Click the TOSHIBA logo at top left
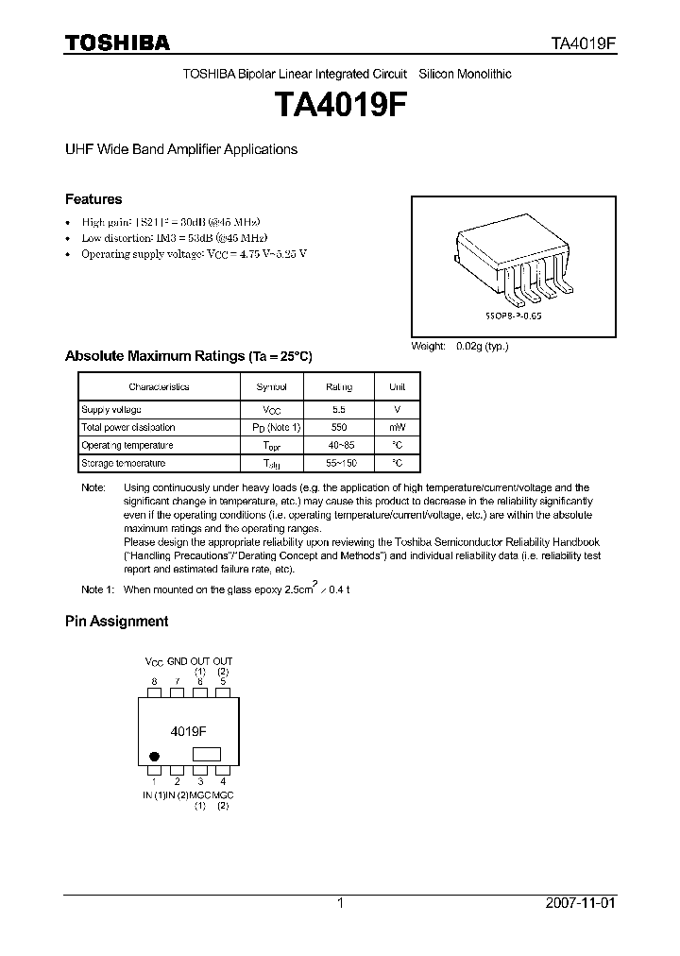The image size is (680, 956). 117,43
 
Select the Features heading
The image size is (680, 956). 93,199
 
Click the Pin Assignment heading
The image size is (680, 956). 116,621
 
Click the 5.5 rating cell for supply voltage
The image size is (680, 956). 338,409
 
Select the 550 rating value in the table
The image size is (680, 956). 338,427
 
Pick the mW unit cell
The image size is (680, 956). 398,427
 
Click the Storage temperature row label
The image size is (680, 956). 123,463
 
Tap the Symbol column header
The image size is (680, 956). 272,386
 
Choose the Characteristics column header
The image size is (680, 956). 159,386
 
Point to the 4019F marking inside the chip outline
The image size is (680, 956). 189,731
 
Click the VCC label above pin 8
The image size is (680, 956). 154,661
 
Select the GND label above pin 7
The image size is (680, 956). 178,661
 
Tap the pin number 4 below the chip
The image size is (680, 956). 223,781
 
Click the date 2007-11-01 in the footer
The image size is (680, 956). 581,903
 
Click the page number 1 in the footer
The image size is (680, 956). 340,903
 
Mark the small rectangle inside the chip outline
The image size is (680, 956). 206,754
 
